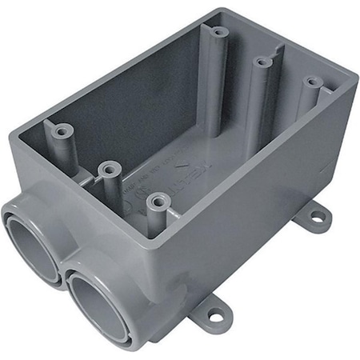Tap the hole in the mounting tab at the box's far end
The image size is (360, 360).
[318, 214]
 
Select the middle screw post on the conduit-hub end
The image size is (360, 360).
[110, 170]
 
